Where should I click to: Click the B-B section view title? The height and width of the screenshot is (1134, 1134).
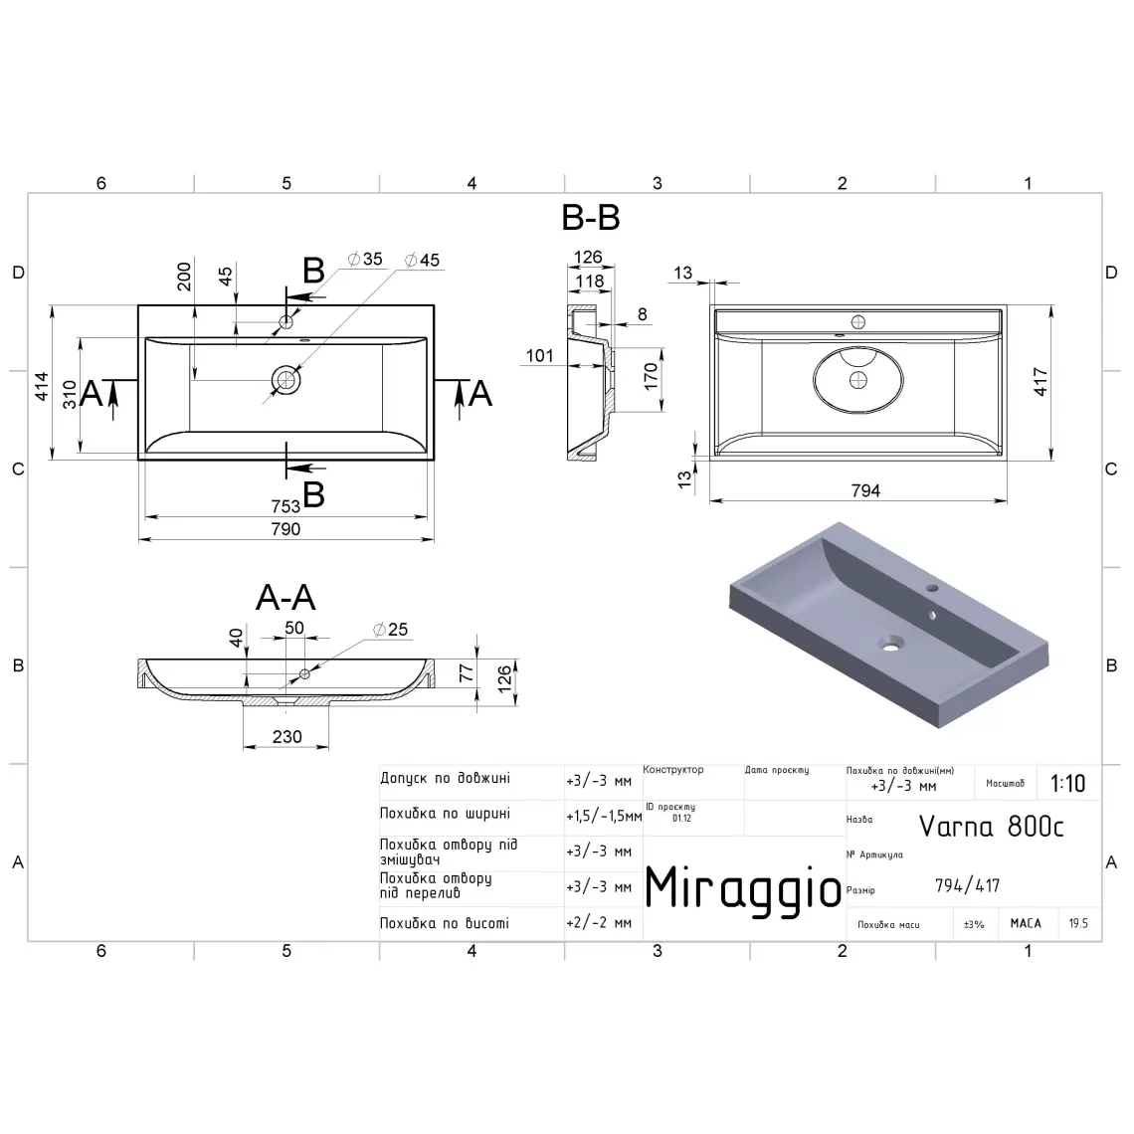591,218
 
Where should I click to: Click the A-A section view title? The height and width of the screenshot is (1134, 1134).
285,598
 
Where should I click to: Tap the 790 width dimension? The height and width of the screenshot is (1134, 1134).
285,529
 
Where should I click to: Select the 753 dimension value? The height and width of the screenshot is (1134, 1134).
285,506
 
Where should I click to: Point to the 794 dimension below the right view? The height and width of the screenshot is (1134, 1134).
865,491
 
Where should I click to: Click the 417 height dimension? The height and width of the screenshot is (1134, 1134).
1040,382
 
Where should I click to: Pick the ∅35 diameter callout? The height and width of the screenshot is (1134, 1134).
364,259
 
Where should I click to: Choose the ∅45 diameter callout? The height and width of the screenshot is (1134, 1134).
423,260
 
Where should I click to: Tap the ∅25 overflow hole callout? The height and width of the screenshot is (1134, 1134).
391,630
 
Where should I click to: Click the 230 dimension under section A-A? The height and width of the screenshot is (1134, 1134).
287,737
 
